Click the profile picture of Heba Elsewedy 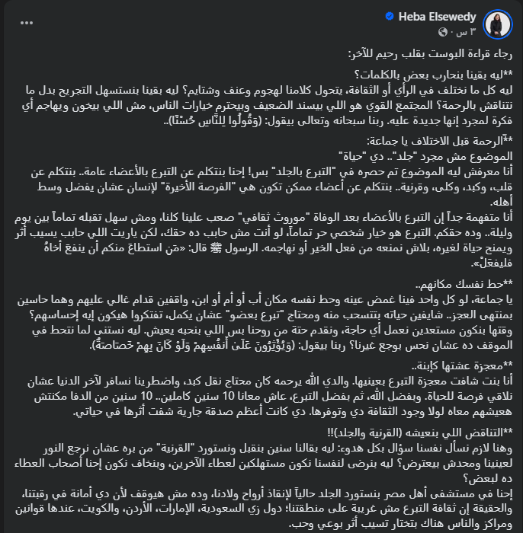(x=499, y=24)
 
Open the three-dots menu (x=27, y=22)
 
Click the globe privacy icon (x=444, y=32)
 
